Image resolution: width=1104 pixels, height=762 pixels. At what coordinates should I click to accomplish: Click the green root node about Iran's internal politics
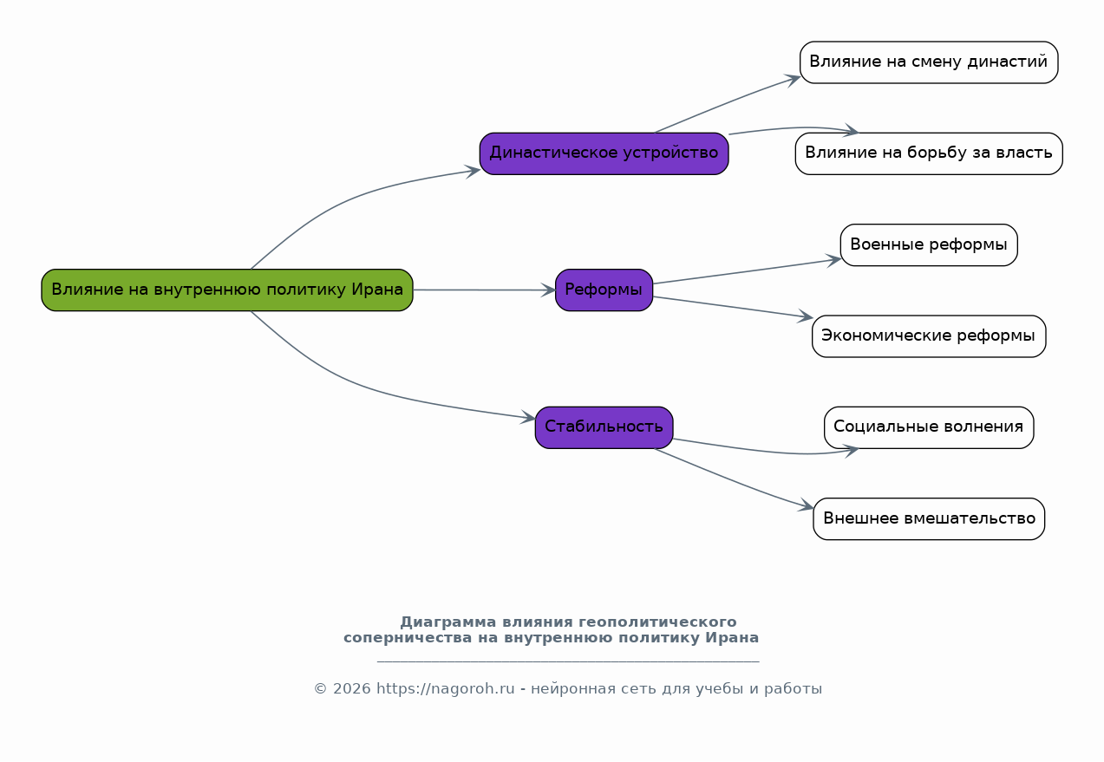coord(227,290)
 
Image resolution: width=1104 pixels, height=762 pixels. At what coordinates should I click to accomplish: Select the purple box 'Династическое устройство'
coord(604,153)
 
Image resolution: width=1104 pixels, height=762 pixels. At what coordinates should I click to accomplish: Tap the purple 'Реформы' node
coord(604,290)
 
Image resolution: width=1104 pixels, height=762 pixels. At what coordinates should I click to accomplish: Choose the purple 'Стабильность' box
coord(604,427)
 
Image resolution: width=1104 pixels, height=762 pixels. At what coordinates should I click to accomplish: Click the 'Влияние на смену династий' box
coord(929,62)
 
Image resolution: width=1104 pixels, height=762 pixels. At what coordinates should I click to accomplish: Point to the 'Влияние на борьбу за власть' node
coord(929,153)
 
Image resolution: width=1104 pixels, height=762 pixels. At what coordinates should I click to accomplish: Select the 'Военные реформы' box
coord(929,244)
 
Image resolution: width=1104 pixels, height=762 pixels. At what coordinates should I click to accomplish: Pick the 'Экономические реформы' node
coord(929,336)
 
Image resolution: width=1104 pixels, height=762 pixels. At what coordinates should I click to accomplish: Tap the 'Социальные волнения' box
coord(929,427)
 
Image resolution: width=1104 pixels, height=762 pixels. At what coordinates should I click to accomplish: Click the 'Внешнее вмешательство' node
coord(929,518)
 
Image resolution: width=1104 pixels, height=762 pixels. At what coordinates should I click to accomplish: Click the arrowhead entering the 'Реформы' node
coord(548,290)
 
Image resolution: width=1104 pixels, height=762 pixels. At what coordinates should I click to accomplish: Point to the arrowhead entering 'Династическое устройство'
coord(473,172)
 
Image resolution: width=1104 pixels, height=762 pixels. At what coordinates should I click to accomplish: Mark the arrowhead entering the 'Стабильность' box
coord(528,418)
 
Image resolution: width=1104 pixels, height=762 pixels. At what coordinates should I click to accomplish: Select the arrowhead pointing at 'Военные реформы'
coord(833,260)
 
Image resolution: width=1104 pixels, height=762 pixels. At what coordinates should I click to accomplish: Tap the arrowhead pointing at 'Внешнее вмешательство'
coord(807,505)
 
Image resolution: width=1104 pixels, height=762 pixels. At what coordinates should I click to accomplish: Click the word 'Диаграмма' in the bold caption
coord(448,622)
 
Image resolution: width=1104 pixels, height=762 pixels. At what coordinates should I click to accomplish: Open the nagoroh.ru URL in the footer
coord(446,688)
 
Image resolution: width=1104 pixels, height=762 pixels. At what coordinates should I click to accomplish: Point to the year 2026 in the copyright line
coord(352,688)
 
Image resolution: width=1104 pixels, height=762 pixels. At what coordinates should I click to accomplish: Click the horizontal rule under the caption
coord(568,661)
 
